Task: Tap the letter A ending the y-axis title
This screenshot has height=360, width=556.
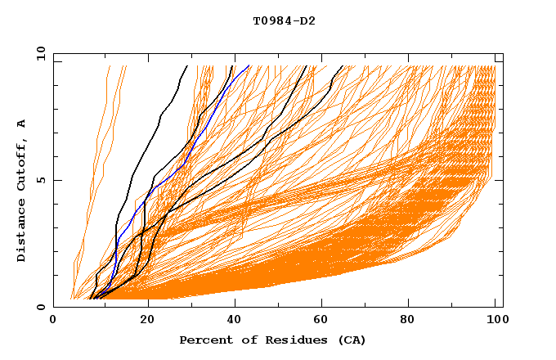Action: point(21,124)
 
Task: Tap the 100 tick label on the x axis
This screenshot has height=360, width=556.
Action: point(495,322)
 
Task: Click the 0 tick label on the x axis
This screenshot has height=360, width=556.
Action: point(53,322)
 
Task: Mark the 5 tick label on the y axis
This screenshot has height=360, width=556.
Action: point(39,180)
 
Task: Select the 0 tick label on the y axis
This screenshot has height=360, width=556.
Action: point(39,307)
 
